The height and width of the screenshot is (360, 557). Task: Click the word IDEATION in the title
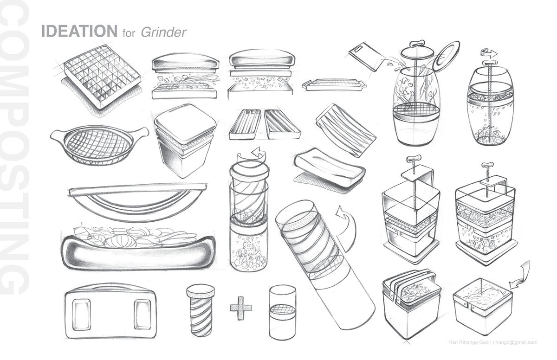[x=78, y=32]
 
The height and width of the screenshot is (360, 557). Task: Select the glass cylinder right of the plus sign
[x=283, y=309]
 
